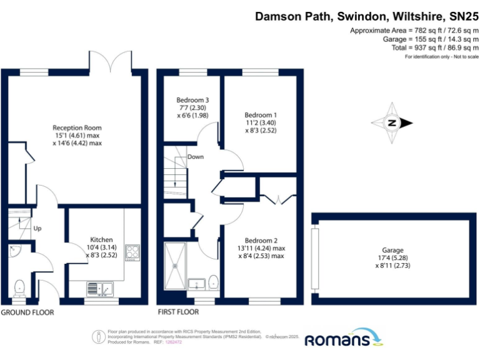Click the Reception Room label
(x=77, y=127)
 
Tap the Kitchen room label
(x=101, y=239)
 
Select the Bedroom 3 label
(x=192, y=100)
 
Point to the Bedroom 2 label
(x=261, y=241)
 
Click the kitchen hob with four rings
(x=132, y=252)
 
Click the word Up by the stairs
(x=37, y=229)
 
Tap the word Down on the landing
(x=195, y=157)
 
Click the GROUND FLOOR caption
(x=27, y=312)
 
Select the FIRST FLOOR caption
(x=179, y=312)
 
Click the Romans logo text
(x=336, y=340)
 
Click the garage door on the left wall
(x=315, y=256)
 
